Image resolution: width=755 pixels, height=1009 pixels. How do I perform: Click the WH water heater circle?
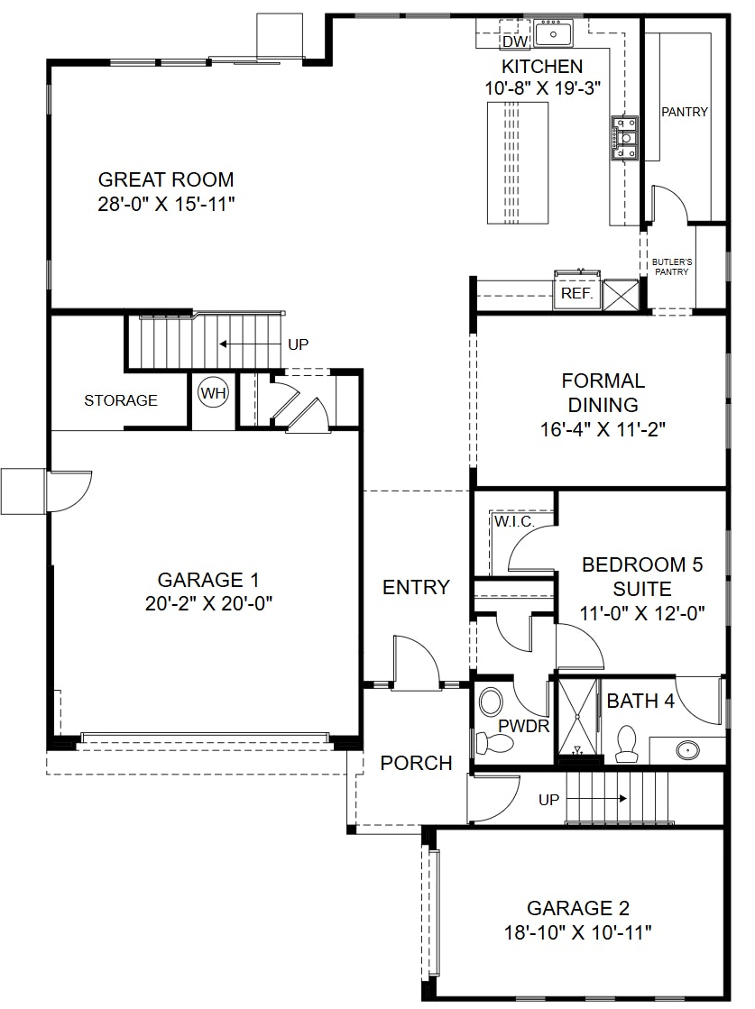point(213,392)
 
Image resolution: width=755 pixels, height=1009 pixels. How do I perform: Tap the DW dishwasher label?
point(514,41)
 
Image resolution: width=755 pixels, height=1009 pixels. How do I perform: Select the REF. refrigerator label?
point(576,293)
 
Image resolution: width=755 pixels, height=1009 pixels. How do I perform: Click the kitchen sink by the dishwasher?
point(553,32)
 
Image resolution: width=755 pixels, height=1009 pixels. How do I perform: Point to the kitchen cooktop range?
point(624,137)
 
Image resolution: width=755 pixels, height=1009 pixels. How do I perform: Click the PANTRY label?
point(685,112)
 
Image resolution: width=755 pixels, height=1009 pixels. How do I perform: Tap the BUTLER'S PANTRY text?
point(672,267)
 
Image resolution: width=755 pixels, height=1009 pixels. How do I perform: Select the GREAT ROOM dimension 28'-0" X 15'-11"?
point(166,204)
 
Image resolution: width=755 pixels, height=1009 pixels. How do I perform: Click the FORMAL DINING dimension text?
point(603,429)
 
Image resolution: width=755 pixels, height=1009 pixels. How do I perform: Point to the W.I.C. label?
point(514,521)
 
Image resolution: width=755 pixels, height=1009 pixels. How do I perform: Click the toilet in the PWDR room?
point(493,743)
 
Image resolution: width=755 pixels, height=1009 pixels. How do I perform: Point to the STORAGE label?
point(121,400)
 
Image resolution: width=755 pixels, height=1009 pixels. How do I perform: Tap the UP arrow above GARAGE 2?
point(596,799)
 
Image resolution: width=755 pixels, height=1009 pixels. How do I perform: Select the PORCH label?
point(416,763)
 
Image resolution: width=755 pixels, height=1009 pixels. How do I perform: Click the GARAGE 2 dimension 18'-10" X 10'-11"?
point(577,932)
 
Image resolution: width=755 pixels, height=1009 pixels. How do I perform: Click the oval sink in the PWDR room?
point(492,702)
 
